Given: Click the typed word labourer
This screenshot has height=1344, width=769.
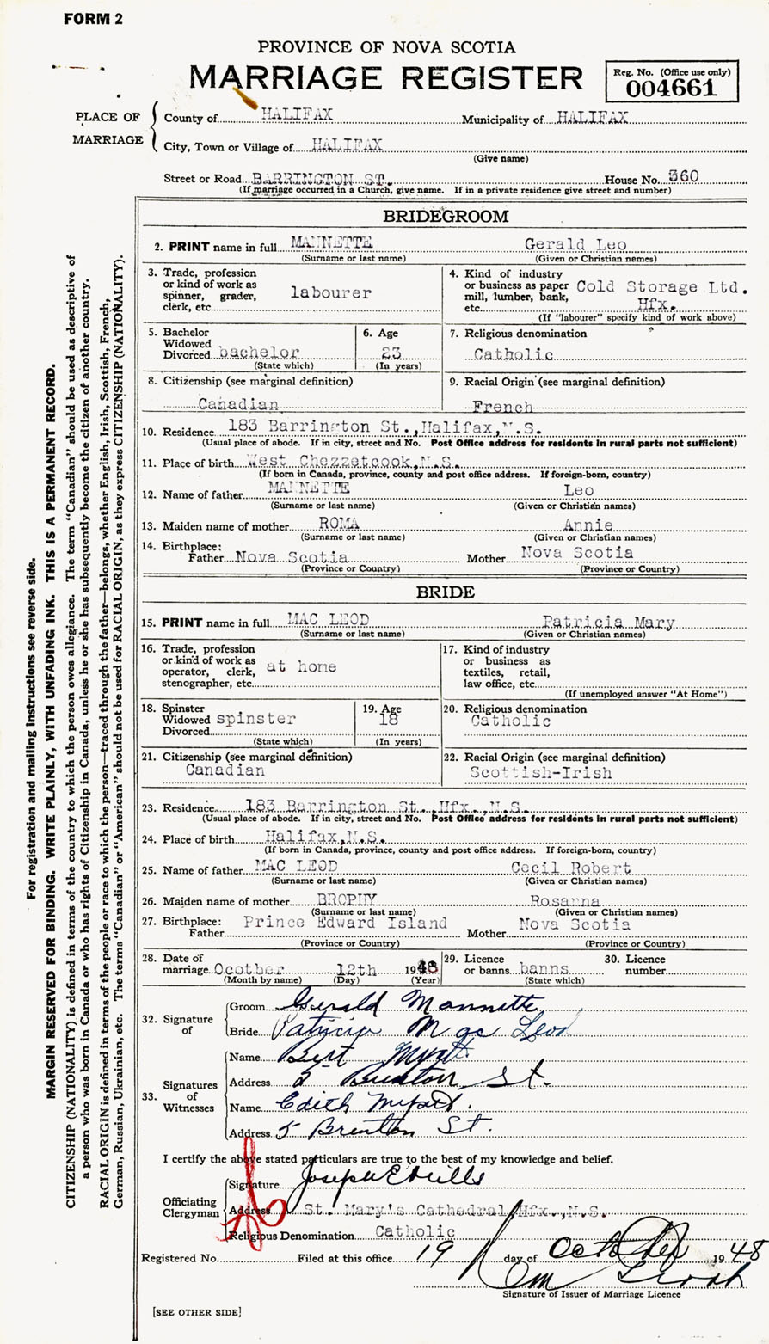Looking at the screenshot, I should point(330,292).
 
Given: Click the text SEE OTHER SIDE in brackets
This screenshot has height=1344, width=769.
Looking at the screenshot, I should point(197,1311).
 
